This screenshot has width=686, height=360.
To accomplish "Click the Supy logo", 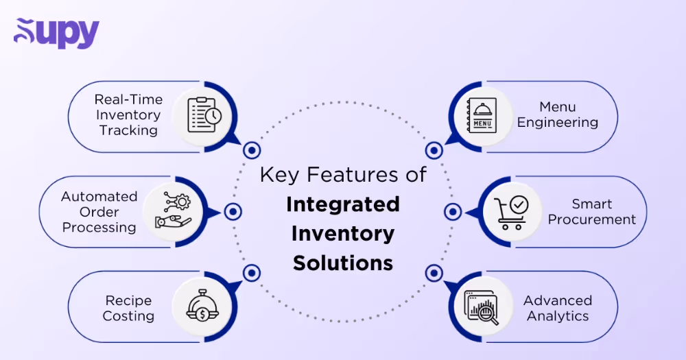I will tap(56, 33).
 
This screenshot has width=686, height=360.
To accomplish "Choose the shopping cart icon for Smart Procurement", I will tap(511, 212).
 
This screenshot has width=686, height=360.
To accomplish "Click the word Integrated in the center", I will tap(343, 204).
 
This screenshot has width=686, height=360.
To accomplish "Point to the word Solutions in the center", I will tap(343, 263).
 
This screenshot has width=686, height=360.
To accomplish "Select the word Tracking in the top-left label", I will tap(128, 130).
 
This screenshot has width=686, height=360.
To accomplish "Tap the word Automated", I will tap(99, 197).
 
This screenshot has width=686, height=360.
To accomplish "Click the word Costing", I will tap(128, 316).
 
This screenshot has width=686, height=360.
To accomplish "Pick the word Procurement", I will tap(592, 220).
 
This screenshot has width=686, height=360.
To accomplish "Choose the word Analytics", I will tap(558, 316).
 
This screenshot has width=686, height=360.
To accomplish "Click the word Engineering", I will tap(557, 123).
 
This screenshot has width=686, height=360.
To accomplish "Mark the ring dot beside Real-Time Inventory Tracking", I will tap(252, 149).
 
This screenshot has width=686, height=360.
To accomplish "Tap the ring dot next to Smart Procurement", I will tap(452, 212).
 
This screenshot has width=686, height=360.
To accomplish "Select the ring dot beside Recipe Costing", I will tap(252, 273).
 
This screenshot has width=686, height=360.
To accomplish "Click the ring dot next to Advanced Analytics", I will tap(434, 273).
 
